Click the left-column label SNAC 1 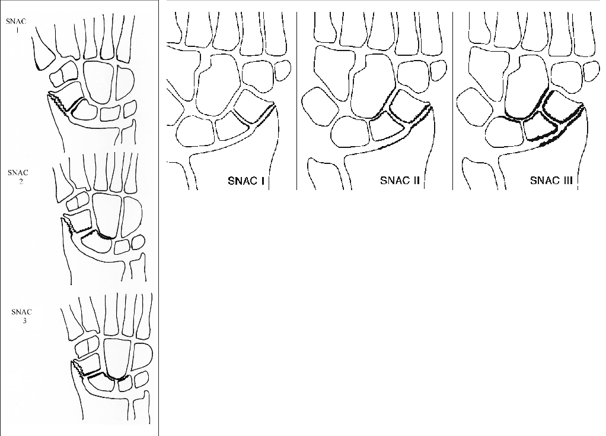tap(16, 25)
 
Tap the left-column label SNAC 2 tap(18, 177)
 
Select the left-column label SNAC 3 tap(21, 316)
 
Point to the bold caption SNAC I tap(246, 181)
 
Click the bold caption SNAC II tap(400, 181)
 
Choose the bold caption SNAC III tap(551, 181)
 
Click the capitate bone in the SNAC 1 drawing tap(99, 81)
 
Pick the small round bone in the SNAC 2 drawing tap(138, 243)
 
